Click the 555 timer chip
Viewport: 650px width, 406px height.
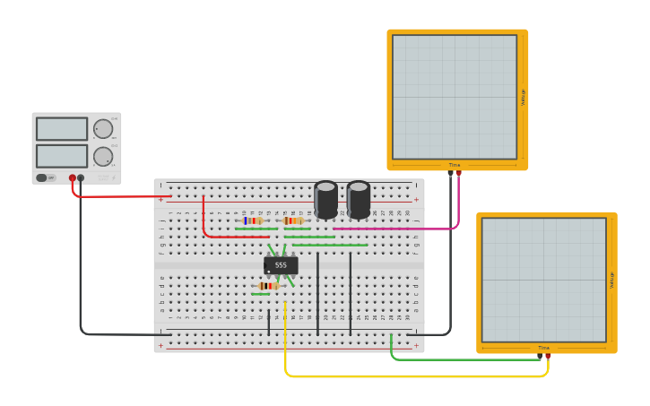(281, 265)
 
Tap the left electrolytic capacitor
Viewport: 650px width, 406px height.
(325, 199)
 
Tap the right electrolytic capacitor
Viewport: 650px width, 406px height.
(359, 199)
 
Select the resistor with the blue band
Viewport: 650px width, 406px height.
(253, 220)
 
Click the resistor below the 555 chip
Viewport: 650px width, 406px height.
(268, 286)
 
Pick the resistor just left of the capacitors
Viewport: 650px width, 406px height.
(293, 220)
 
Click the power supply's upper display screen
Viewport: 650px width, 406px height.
(62, 129)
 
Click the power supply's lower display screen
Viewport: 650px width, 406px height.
(62, 156)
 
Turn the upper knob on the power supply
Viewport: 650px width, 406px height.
(103, 129)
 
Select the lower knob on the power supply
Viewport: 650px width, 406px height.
(103, 157)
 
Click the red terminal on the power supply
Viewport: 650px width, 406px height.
(73, 178)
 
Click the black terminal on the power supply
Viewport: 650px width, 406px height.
(81, 178)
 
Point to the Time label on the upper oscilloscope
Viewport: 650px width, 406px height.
(455, 165)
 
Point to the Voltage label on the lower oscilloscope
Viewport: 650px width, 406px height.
(612, 280)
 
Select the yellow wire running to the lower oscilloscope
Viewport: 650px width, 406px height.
(403, 376)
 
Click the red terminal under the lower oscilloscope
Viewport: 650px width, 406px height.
(548, 356)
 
